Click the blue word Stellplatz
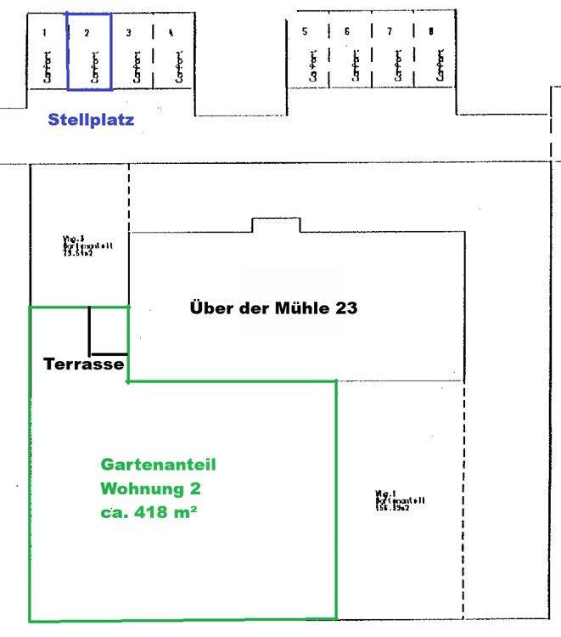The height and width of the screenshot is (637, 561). [x=91, y=120]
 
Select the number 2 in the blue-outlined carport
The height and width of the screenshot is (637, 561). [x=87, y=33]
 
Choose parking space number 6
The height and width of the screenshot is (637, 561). [x=350, y=51]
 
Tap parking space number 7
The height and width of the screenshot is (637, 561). [x=392, y=51]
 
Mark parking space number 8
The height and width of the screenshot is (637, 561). [x=435, y=51]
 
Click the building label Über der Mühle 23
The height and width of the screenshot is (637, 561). [x=273, y=307]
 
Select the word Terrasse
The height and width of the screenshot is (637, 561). [x=84, y=364]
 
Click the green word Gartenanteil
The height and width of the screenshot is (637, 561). [x=159, y=465]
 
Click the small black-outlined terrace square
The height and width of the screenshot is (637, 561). [x=109, y=330]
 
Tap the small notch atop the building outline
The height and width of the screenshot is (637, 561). [x=276, y=225]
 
